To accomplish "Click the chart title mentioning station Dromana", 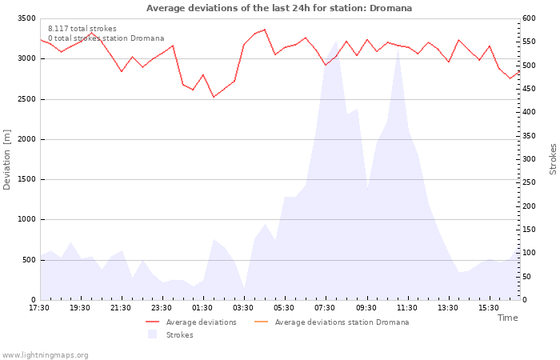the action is [279, 8].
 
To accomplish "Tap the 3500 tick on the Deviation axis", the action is [26, 18].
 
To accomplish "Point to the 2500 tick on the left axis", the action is [26, 99].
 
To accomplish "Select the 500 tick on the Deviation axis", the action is [29, 260].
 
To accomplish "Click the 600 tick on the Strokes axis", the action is [529, 18].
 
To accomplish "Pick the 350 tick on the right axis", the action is [529, 136].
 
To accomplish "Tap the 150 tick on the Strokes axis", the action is [529, 230].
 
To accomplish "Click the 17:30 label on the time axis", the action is [39, 308].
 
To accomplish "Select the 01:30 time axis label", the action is [202, 308].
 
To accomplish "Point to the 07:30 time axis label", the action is [325, 308].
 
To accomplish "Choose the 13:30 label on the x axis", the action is [448, 308].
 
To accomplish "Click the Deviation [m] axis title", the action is [6, 160].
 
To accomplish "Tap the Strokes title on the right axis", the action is [553, 159].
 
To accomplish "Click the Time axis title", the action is [507, 318].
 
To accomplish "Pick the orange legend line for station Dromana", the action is [261, 322].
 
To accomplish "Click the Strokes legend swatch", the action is [153, 334].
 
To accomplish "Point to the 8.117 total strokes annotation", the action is [82, 29].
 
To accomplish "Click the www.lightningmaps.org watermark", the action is [44, 355].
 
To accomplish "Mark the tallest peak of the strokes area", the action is [336, 41].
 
